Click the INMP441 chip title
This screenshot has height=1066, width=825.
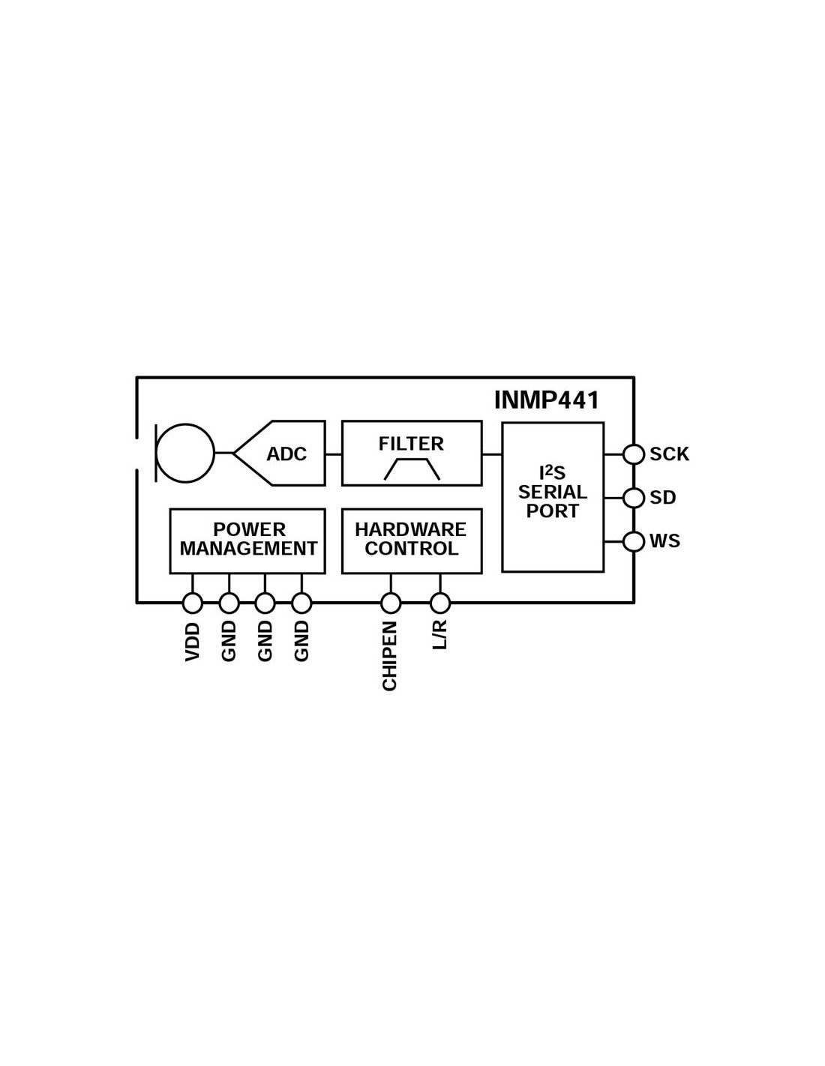(x=547, y=400)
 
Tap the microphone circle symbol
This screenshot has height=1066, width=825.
(x=185, y=452)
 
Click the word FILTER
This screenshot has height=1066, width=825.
(x=411, y=444)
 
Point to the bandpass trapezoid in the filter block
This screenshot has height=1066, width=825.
(x=412, y=469)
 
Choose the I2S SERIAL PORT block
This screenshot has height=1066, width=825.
(x=553, y=497)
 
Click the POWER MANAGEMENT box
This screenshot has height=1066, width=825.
(x=247, y=540)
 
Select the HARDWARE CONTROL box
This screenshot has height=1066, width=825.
(x=411, y=540)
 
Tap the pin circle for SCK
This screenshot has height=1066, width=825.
(x=634, y=454)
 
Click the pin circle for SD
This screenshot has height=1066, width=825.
(x=634, y=498)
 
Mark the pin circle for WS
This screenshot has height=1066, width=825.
(x=634, y=541)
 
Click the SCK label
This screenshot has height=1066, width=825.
(x=669, y=454)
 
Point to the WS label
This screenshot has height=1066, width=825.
(x=664, y=541)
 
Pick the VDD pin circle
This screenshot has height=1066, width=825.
(x=193, y=603)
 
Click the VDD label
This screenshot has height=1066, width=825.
(x=193, y=641)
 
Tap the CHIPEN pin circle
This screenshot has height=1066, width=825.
(x=391, y=603)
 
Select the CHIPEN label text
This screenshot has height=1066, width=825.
(x=390, y=655)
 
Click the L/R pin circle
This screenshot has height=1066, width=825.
(x=440, y=603)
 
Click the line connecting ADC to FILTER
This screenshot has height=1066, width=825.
(x=334, y=454)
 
